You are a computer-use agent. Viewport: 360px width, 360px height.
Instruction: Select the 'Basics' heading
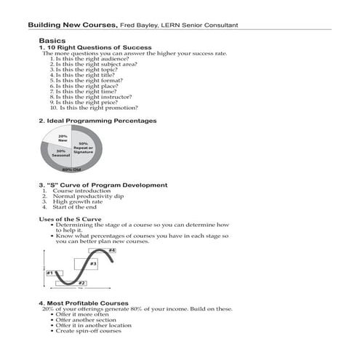tap(52, 41)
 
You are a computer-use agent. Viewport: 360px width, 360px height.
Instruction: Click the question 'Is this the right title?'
tap(80, 74)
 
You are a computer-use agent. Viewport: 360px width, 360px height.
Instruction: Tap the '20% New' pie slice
tap(63, 138)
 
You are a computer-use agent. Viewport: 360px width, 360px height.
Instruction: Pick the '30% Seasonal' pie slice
tap(61, 155)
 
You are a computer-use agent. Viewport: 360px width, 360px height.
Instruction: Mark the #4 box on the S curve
tap(112, 250)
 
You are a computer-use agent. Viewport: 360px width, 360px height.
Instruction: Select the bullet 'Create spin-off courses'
tap(91, 331)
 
